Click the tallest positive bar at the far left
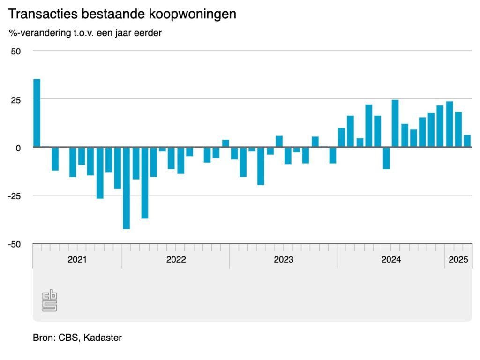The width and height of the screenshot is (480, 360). pyautogui.click(x=37, y=113)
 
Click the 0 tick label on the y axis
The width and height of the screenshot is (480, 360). pyautogui.click(x=18, y=148)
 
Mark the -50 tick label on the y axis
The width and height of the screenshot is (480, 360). pyautogui.click(x=14, y=244)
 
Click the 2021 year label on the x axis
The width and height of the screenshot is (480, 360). pyautogui.click(x=77, y=260)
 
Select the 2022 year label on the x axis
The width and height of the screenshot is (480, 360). pyautogui.click(x=176, y=260)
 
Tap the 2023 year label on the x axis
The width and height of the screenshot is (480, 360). pyautogui.click(x=283, y=260)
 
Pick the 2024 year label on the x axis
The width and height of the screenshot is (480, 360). pyautogui.click(x=391, y=260)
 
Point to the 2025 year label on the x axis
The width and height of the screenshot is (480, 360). pyautogui.click(x=458, y=260)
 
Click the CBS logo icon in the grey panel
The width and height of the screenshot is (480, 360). pyautogui.click(x=50, y=301)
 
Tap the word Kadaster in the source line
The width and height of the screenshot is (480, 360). pyautogui.click(x=103, y=337)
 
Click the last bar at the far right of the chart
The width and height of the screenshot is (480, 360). pyautogui.click(x=467, y=141)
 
